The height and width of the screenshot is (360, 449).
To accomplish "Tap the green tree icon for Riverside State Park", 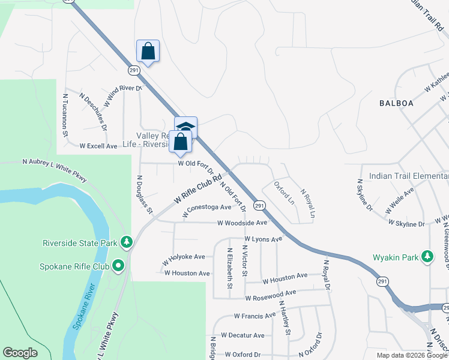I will pos(126,242).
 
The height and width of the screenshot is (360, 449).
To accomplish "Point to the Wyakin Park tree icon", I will pos(427,257).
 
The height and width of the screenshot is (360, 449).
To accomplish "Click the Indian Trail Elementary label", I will pos(409,176).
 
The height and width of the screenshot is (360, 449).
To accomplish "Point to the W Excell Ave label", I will pos(98,146).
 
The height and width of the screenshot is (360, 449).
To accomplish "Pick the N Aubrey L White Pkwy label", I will pos(55,169).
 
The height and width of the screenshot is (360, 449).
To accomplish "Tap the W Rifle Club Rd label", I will pos(198,188).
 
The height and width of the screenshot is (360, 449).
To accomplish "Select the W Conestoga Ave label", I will pos(207,207).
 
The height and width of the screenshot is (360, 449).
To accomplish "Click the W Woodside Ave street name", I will pos(242,223).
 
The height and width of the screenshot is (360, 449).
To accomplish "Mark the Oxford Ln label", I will pos(284,193).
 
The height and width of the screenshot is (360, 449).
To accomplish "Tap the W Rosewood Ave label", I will pos(271,293).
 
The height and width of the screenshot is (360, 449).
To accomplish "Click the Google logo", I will pos(20,353).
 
